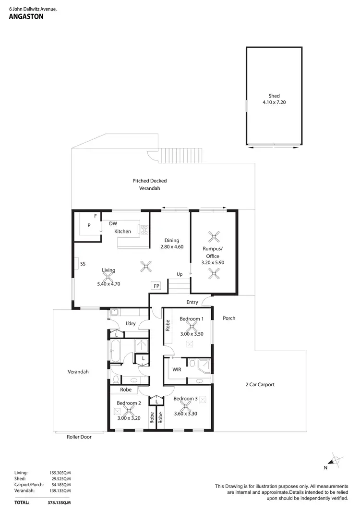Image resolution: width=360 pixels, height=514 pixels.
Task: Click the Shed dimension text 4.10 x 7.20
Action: coord(274,103)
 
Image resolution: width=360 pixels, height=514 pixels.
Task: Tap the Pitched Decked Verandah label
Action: coord(149,184)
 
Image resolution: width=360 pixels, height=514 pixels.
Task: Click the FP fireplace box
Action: coord(156,286)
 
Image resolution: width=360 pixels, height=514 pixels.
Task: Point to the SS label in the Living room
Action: coord(83,264)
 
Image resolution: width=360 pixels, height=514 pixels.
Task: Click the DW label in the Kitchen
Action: coord(113,223)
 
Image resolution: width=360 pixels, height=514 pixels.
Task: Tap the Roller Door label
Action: coord(79,437)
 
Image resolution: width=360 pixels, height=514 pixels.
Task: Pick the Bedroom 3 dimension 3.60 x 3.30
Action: coord(185,406)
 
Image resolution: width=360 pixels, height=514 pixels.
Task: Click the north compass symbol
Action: coord(336,460)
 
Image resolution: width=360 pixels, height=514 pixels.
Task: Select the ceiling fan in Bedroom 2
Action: coord(129,410)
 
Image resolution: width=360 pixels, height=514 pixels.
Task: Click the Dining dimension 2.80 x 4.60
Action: coord(172,247)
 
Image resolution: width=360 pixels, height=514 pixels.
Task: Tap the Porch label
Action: coord(229,318)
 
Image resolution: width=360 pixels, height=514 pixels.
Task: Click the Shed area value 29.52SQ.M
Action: coord(60,478)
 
